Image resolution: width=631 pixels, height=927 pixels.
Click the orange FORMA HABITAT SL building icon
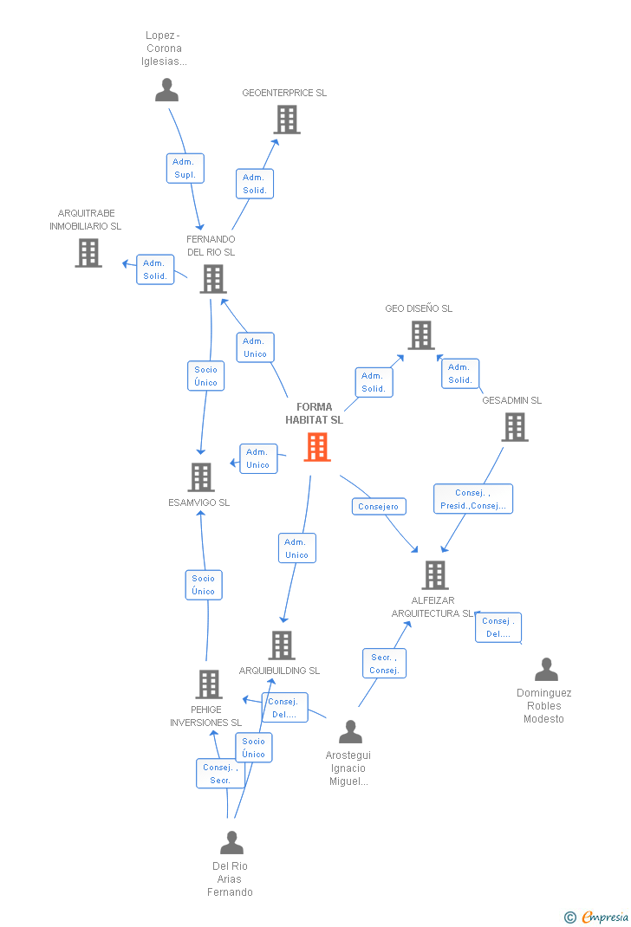click(317, 447)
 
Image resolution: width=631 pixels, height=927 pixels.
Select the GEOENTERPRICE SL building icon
click(287, 120)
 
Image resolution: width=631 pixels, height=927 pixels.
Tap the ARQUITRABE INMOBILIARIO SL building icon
click(88, 253)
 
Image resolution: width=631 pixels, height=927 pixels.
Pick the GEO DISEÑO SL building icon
click(421, 335)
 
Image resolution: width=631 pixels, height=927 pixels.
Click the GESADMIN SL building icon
click(515, 427)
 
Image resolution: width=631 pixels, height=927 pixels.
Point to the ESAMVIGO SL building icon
click(200, 477)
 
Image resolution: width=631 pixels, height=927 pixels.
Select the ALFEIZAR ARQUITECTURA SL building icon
click(434, 575)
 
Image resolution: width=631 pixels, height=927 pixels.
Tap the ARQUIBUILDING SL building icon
click(282, 645)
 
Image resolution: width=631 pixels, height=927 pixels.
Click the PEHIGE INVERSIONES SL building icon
click(209, 684)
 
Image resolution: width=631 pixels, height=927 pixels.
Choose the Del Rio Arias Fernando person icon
click(231, 842)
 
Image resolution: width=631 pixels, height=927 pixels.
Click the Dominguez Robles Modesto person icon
click(546, 669)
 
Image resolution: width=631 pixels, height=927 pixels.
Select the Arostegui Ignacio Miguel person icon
click(350, 731)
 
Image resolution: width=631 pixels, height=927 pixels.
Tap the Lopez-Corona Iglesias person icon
click(166, 90)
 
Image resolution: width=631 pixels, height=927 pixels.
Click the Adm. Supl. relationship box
click(185, 168)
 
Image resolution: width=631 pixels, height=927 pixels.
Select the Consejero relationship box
click(379, 507)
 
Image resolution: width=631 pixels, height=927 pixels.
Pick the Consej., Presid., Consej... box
click(473, 499)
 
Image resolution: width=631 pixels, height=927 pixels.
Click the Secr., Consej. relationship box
click(384, 664)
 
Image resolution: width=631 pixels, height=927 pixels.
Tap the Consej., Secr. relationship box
click(220, 774)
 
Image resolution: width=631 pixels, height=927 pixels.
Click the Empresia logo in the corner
click(596, 917)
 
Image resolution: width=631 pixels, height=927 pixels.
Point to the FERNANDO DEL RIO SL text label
click(211, 245)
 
